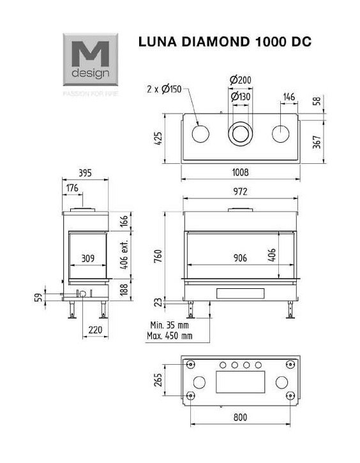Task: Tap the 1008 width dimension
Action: coord(240,172)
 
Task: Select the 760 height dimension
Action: coord(159,256)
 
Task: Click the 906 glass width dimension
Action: coord(240,258)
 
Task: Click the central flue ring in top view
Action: coord(241,134)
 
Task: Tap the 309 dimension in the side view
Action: coord(87,258)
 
